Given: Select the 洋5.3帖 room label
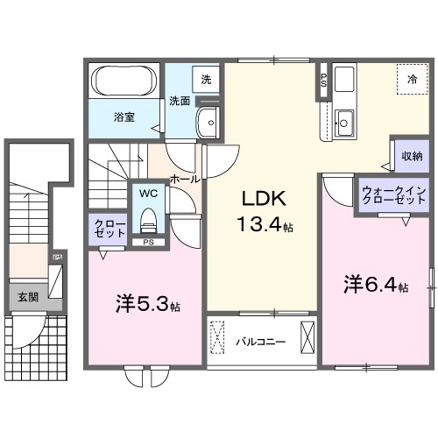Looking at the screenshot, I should pos(148,306).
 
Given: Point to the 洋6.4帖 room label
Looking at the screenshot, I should pos(375,285).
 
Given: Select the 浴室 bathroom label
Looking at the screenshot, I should pos(123,116).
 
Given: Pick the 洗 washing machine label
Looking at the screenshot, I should pos(206,80).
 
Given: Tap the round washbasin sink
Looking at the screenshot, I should pos(210,124).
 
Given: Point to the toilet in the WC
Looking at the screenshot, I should pos(146,216).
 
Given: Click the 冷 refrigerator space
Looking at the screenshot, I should pos(411,79).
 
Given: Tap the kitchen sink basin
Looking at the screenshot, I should pos(344,124).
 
